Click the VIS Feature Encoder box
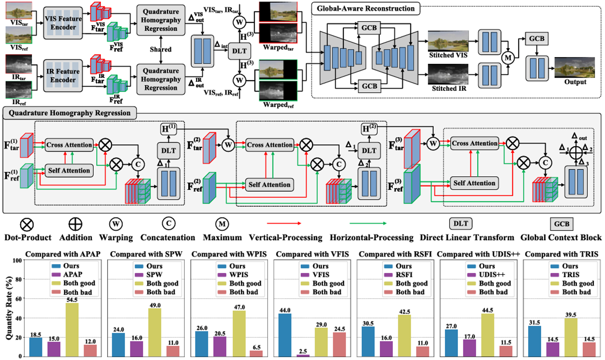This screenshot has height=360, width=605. pyautogui.click(x=63, y=23)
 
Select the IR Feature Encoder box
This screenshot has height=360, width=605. pyautogui.click(x=63, y=76)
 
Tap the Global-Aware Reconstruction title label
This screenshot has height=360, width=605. pyautogui.click(x=366, y=8)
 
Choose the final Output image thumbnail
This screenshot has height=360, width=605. pyautogui.click(x=574, y=67)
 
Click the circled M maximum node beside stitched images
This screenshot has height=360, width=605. pyautogui.click(x=508, y=58)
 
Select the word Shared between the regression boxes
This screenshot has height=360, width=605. pyautogui.click(x=160, y=49)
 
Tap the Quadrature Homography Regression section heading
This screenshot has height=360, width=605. pyautogui.click(x=69, y=113)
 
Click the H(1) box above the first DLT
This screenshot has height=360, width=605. pyautogui.click(x=168, y=129)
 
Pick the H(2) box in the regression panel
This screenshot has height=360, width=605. pyautogui.click(x=369, y=129)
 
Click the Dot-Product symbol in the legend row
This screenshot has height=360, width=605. pyautogui.click(x=27, y=225)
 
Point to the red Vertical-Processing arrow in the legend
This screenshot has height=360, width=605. pyautogui.click(x=284, y=223)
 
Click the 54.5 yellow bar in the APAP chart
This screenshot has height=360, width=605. pyautogui.click(x=72, y=330)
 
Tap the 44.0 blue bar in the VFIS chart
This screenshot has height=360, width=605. pyautogui.click(x=285, y=335)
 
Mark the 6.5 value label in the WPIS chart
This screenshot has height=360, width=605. pyautogui.click(x=256, y=347)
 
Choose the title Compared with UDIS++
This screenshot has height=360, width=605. pyautogui.click(x=479, y=254)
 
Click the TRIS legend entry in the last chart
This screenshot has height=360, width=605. pyautogui.click(x=571, y=275)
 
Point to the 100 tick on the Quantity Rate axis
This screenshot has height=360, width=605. pyautogui.click(x=17, y=260)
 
